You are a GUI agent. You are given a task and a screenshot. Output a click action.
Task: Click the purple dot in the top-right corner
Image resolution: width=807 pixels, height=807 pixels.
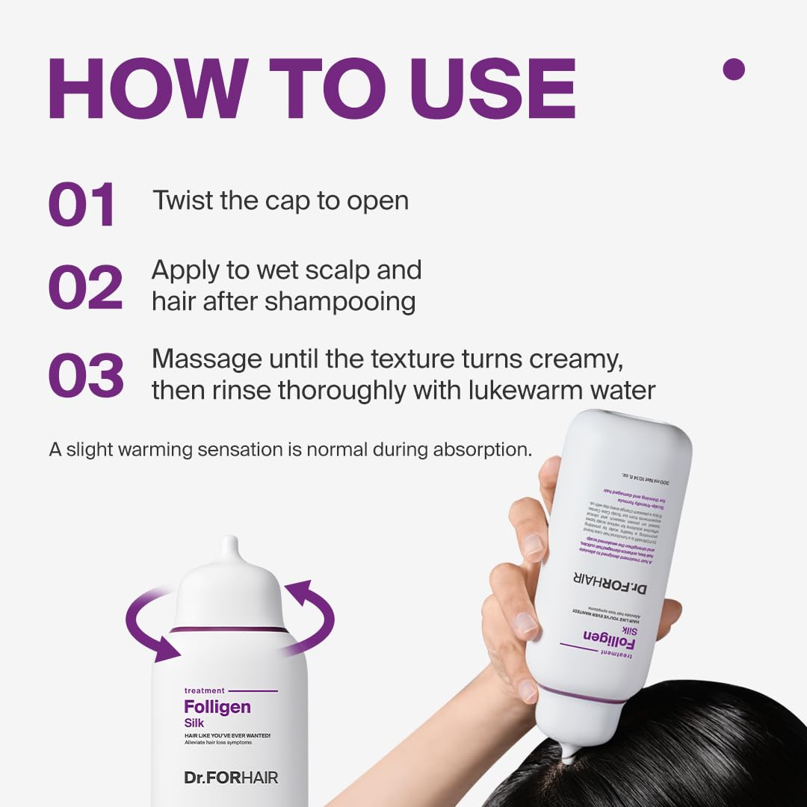(734, 69)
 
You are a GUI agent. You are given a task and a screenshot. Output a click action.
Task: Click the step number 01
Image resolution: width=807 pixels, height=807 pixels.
(82, 205)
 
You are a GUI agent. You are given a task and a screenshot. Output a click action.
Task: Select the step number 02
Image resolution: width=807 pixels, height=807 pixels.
(85, 287)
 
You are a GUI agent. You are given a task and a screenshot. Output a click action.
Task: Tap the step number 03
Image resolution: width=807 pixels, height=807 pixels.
(86, 375)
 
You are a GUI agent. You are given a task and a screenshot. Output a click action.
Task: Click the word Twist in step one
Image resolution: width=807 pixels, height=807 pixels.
(182, 200)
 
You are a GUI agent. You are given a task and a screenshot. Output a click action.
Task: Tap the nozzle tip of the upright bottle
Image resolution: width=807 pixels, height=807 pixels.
(229, 544)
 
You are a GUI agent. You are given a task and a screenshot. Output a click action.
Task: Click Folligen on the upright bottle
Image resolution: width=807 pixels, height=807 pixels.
(217, 707)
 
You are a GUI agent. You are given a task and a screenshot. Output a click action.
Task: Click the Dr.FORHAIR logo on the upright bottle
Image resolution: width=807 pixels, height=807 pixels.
(231, 778)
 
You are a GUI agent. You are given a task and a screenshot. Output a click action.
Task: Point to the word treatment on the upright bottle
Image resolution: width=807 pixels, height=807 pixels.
(203, 690)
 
